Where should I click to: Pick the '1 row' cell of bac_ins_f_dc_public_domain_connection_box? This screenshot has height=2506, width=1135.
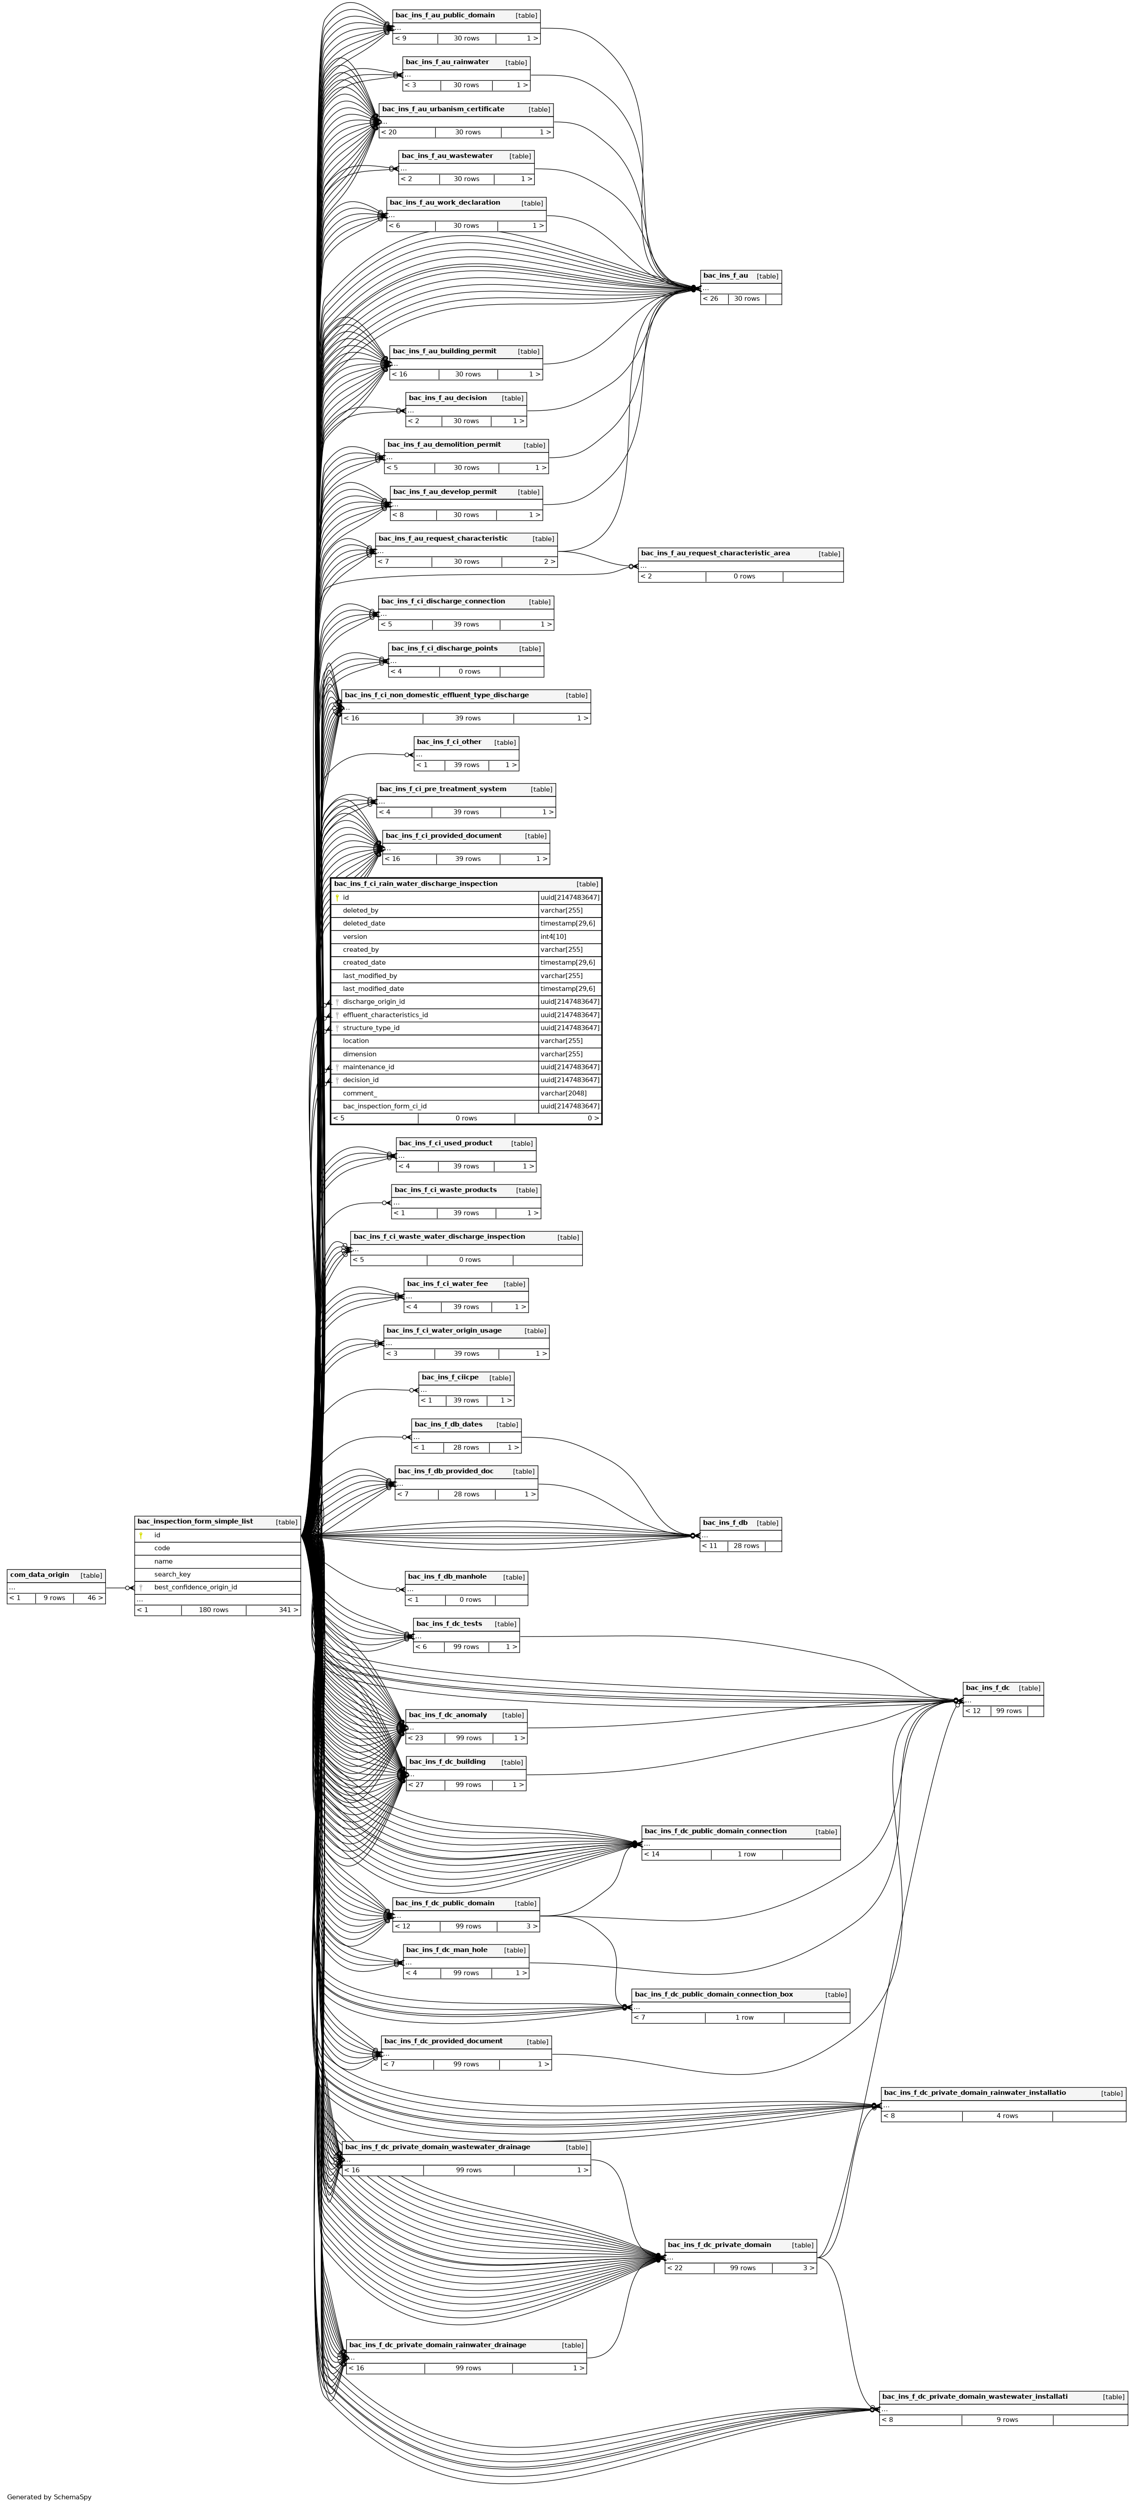[744, 2017]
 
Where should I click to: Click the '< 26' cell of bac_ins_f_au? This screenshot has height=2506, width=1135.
[713, 299]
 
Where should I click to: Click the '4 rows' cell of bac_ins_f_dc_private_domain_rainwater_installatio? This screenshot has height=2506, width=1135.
[1006, 2116]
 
